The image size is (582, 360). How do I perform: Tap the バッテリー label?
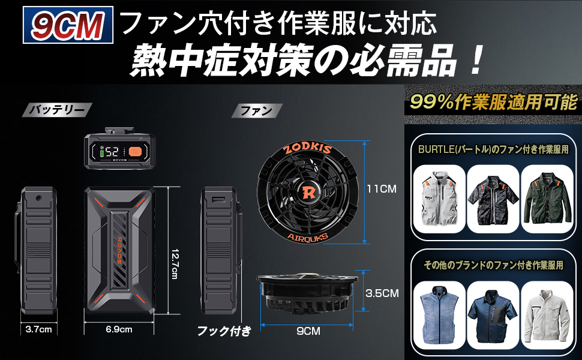(x=56, y=110)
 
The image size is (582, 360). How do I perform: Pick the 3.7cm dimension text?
(x=37, y=329)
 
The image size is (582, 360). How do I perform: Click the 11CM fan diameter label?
(x=382, y=188)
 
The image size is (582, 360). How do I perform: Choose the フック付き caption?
(x=224, y=330)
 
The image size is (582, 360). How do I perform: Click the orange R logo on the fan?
(x=309, y=193)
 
